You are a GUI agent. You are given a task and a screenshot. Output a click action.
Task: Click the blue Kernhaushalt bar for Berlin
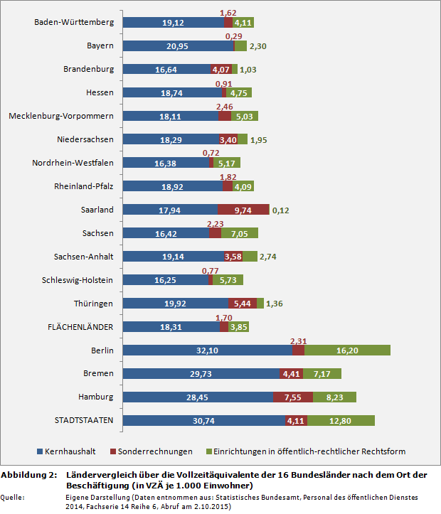pyautogui.click(x=208, y=350)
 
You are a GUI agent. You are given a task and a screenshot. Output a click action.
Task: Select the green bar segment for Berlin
pyautogui.click(x=347, y=350)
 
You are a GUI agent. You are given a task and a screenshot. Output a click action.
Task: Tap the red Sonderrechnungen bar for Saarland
pyautogui.click(x=243, y=210)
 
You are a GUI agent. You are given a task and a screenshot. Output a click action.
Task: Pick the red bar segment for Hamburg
pyautogui.click(x=292, y=397)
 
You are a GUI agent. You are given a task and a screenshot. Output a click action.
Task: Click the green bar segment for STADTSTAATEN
pyautogui.click(x=341, y=420)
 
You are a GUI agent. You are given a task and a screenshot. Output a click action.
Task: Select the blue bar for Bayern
pyautogui.click(x=178, y=45)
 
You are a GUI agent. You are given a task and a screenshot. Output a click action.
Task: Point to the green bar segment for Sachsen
pyautogui.click(x=240, y=233)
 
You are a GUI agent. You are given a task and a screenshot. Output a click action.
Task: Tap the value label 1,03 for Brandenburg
pyautogui.click(x=248, y=70)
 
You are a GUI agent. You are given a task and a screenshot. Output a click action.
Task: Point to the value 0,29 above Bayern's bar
pyautogui.click(x=233, y=36)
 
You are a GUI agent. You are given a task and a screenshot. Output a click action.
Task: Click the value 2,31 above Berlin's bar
pyautogui.click(x=299, y=340)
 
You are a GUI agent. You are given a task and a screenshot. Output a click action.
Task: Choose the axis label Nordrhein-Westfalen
pyautogui.click(x=73, y=163)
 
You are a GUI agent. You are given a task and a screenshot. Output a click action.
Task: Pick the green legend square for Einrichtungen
pyautogui.click(x=208, y=451)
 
